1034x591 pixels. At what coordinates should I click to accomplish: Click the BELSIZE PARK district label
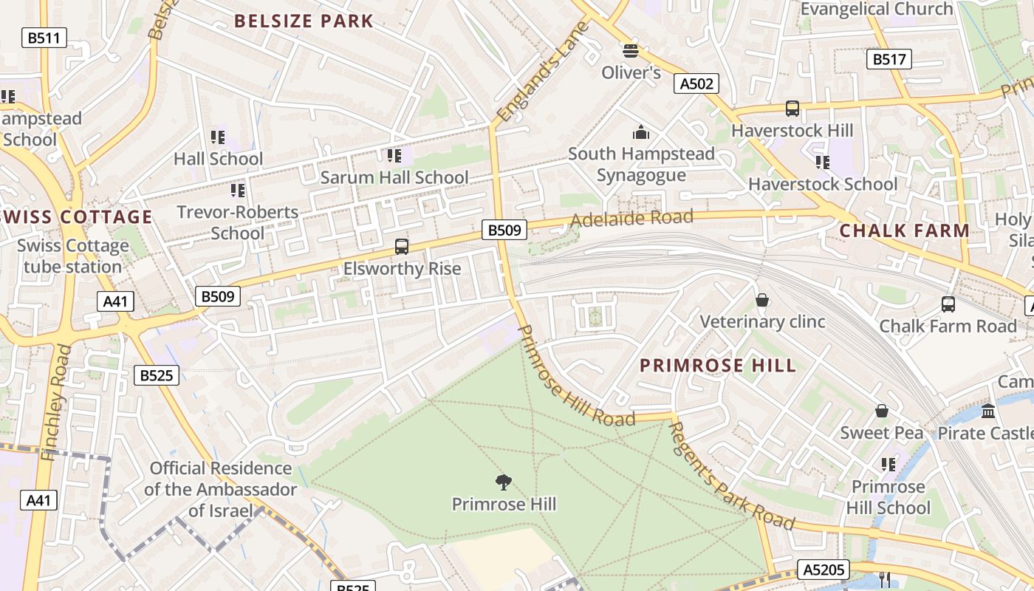point(304,21)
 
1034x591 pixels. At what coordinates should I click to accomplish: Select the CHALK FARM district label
point(904,230)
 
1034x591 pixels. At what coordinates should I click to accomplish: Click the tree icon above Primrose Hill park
point(504,483)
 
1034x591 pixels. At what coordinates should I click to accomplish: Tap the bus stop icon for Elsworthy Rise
point(402,247)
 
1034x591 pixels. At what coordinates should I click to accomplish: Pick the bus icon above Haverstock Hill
point(792,109)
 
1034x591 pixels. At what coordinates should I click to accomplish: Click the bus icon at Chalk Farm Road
point(948,304)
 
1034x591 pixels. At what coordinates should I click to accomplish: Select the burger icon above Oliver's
point(630,50)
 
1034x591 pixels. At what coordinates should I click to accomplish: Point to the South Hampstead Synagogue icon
point(641,132)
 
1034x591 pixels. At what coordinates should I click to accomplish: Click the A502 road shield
point(696,83)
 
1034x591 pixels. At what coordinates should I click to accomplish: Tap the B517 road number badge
point(888,59)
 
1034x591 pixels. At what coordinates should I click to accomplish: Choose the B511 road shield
point(44,38)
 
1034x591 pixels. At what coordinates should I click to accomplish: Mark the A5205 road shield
point(823,570)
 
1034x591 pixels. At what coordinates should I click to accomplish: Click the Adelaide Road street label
point(631,218)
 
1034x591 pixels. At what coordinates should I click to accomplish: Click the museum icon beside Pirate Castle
point(988,411)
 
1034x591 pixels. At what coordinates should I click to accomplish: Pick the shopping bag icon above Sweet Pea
point(881,411)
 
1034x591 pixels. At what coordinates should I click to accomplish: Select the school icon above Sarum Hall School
point(394,155)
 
